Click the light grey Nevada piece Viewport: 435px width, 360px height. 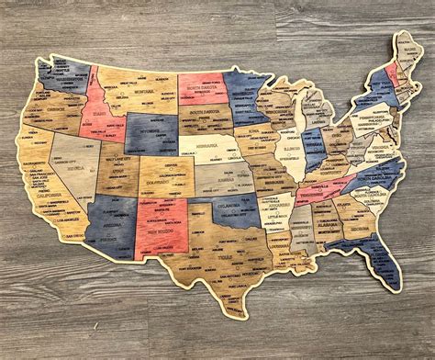[72, 170]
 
